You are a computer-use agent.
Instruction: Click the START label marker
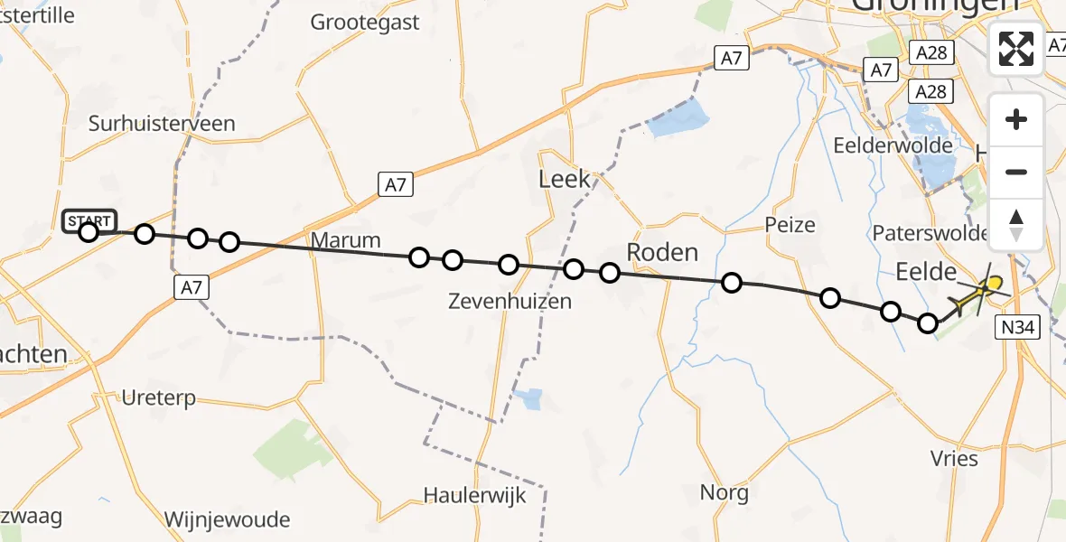(89, 220)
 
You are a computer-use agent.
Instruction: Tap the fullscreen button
(1016, 49)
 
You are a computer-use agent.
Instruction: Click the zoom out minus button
(1016, 172)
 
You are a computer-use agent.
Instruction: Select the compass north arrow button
(1016, 224)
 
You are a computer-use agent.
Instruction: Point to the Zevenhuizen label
(510, 302)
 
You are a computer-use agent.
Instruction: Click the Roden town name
(662, 252)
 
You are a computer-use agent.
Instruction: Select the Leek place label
(565, 179)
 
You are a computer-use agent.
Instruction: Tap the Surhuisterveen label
(162, 125)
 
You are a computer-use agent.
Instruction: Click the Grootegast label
(365, 23)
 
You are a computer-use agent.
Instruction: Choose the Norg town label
(725, 493)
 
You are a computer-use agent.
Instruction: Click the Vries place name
(953, 459)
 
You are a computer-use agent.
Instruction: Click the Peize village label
(790, 225)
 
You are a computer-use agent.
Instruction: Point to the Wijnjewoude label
(227, 519)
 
